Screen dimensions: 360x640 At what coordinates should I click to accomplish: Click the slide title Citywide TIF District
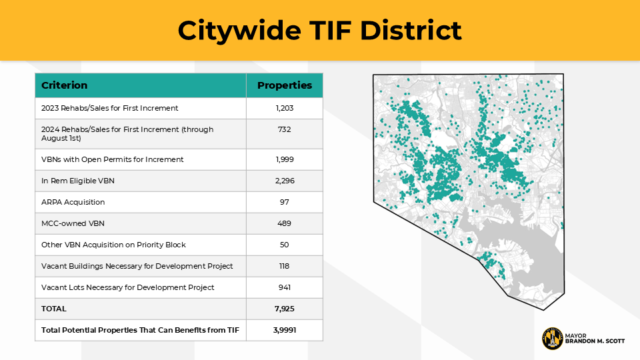[x=319, y=31]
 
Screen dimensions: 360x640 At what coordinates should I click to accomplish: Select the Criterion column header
[x=65, y=85]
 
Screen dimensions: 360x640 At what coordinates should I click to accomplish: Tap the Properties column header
[x=285, y=85]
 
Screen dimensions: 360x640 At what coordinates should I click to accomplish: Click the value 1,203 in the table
[x=285, y=108]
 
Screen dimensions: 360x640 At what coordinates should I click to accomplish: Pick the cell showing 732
[x=285, y=129]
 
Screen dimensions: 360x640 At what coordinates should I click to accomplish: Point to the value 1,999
[x=285, y=159]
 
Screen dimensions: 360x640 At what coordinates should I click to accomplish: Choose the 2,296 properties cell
[x=285, y=181]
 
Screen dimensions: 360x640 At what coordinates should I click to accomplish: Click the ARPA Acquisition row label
[x=73, y=202]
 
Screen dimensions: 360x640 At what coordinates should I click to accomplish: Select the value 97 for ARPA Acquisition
[x=285, y=202]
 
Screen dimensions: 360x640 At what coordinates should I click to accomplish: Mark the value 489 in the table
[x=285, y=223]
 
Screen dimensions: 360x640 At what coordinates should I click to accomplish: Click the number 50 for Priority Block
[x=285, y=245]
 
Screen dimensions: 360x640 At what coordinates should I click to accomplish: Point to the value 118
[x=285, y=266]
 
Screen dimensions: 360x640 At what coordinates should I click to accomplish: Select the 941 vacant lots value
[x=285, y=287]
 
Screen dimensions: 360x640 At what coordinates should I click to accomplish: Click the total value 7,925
[x=285, y=309]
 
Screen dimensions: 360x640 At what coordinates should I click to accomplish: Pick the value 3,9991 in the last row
[x=285, y=330]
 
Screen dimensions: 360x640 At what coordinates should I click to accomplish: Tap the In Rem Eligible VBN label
[x=79, y=181]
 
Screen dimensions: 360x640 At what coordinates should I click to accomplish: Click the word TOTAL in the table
[x=54, y=309]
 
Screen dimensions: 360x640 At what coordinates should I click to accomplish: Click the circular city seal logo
[x=552, y=339]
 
